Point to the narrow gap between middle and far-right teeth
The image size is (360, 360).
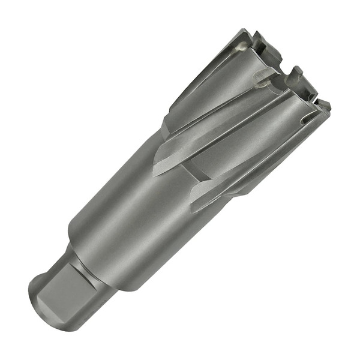tap(312, 96)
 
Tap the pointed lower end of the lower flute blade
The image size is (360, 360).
tap(194, 207)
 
